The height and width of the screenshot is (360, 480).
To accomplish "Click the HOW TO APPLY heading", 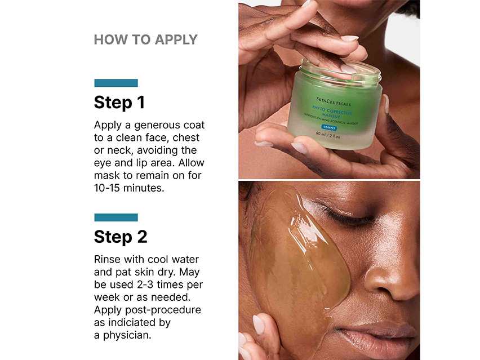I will pyautogui.click(x=145, y=39).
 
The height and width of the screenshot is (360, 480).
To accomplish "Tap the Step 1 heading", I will pyautogui.click(x=119, y=103).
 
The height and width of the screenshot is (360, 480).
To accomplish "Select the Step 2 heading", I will pyautogui.click(x=121, y=237).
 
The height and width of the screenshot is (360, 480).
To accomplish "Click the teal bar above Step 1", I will pyautogui.click(x=116, y=83).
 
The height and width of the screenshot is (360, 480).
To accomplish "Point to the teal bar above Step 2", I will pyautogui.click(x=116, y=217).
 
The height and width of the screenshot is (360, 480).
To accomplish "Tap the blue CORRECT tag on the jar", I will pyautogui.click(x=330, y=128).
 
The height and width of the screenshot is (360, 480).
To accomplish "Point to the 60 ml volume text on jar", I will pyautogui.click(x=322, y=134).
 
